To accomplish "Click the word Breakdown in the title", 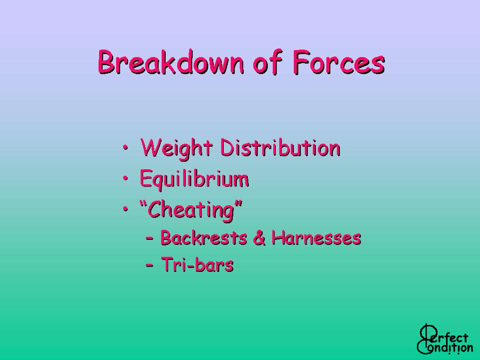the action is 171,62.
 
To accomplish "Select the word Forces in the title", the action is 338,62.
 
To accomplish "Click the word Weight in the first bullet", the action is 176,149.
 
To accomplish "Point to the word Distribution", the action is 280,148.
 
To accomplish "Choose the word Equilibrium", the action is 194,179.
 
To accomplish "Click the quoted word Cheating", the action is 190,210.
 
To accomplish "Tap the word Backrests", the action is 204,237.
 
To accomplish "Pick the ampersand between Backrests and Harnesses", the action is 259,237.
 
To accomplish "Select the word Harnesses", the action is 316,237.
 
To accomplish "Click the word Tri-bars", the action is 197,264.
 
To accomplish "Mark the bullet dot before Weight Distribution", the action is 125,148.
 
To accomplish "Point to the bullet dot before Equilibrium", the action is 125,178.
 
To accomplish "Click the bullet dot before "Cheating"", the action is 125,208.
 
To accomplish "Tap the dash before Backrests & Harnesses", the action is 150,238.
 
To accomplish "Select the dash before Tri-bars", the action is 150,265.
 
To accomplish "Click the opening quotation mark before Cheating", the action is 144,204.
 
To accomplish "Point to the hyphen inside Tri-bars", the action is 190,265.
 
